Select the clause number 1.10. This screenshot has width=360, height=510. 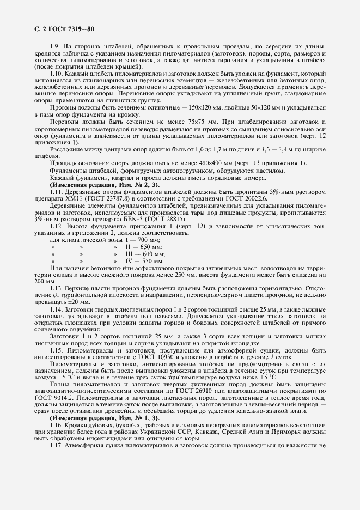coord(57,72)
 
